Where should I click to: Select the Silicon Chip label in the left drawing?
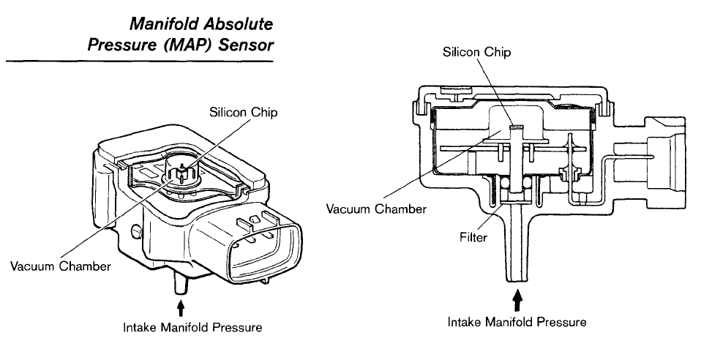coord(243,112)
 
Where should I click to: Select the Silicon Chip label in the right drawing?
coord(477,52)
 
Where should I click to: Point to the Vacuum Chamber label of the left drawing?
coord(61,266)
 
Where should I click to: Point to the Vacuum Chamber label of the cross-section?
coord(376,209)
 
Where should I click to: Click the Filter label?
coord(473,237)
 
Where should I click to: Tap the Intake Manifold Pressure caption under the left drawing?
coord(192,327)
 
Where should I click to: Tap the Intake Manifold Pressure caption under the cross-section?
coord(517,322)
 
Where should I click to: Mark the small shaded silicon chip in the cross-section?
coord(517,127)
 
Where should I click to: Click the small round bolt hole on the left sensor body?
coord(135,231)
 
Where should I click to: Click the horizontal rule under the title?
coord(140,61)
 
